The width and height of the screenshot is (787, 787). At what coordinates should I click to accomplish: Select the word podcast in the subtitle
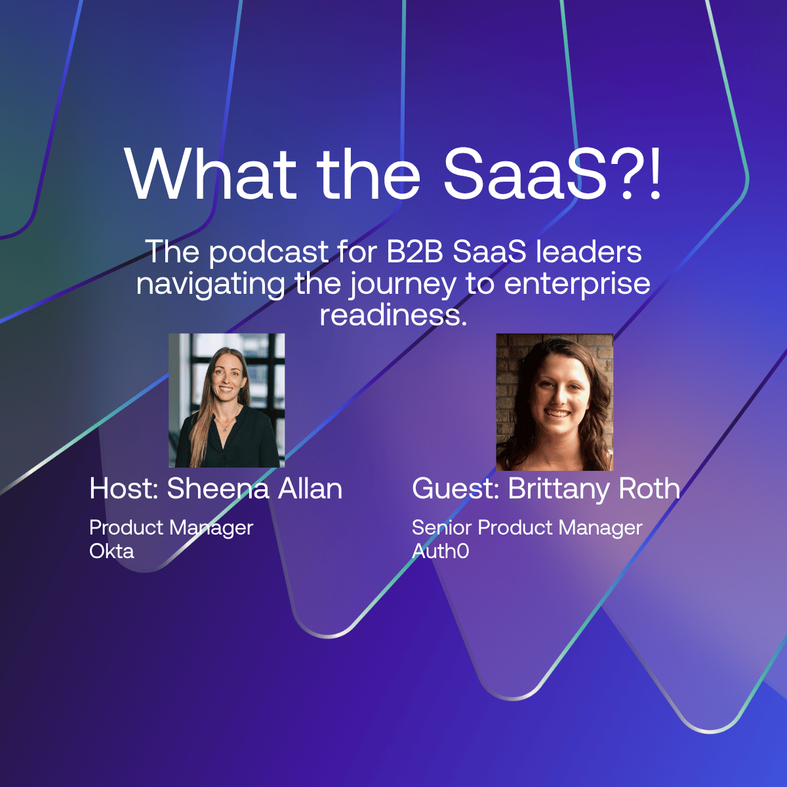(x=269, y=253)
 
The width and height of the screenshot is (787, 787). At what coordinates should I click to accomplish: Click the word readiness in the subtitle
(x=393, y=315)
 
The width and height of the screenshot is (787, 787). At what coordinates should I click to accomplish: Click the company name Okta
(x=111, y=551)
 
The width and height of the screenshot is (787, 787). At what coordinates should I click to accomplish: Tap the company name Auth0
(x=440, y=551)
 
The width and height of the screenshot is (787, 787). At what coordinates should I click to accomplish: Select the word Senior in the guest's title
(x=441, y=527)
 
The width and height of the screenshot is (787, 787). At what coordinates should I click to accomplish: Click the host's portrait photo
(x=227, y=400)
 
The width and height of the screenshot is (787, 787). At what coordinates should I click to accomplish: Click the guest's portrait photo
(x=555, y=402)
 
